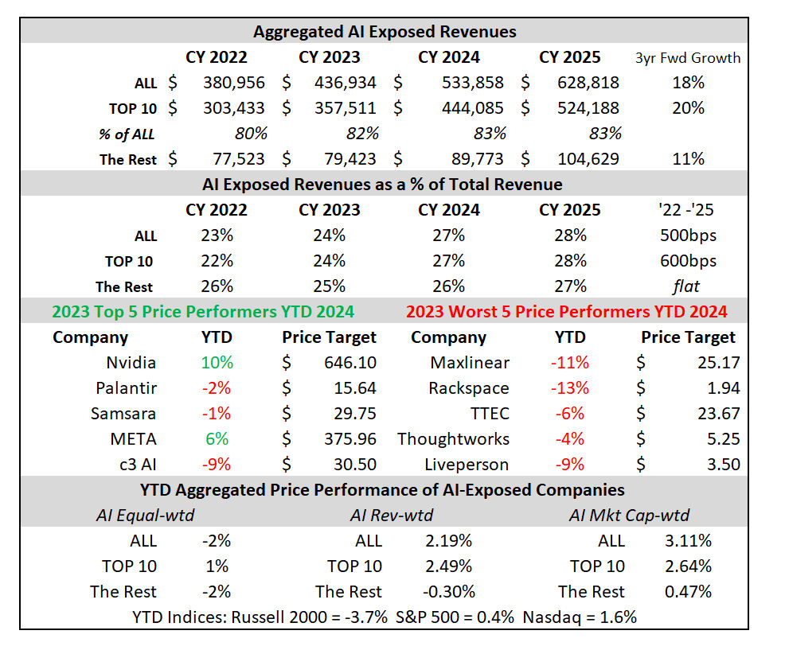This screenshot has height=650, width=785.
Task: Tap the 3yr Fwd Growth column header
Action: click(x=688, y=57)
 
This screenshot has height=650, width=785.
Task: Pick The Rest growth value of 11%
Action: click(x=688, y=159)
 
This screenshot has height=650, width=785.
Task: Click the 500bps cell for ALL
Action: click(x=688, y=235)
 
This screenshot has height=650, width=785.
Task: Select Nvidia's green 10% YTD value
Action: click(x=217, y=363)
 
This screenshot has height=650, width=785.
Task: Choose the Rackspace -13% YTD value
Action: click(x=570, y=388)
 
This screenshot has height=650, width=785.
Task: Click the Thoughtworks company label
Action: click(x=453, y=439)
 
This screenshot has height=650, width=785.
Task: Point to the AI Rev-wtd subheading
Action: click(x=392, y=516)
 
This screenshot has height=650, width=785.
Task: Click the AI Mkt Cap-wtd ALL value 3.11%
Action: click(x=688, y=541)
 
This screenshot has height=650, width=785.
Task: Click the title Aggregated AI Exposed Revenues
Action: click(x=385, y=32)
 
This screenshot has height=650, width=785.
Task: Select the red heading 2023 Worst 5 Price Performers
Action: click(x=566, y=312)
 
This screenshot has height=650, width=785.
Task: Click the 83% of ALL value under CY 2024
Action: click(x=488, y=134)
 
